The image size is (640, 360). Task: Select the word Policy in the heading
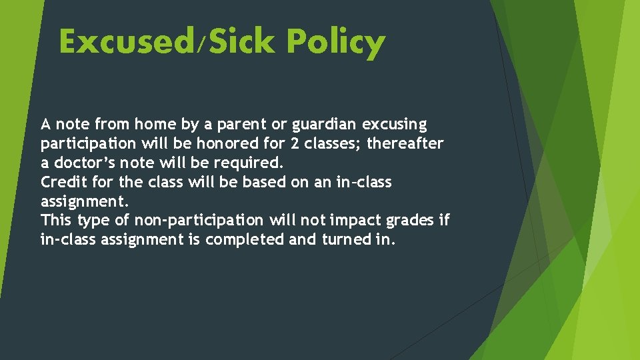[x=336, y=43]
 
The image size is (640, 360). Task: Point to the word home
[x=153, y=124]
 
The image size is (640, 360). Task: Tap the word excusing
[x=395, y=125]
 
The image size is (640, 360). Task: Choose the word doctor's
[x=87, y=163]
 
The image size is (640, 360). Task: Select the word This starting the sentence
[x=57, y=220]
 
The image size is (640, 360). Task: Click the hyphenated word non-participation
[x=199, y=221]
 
